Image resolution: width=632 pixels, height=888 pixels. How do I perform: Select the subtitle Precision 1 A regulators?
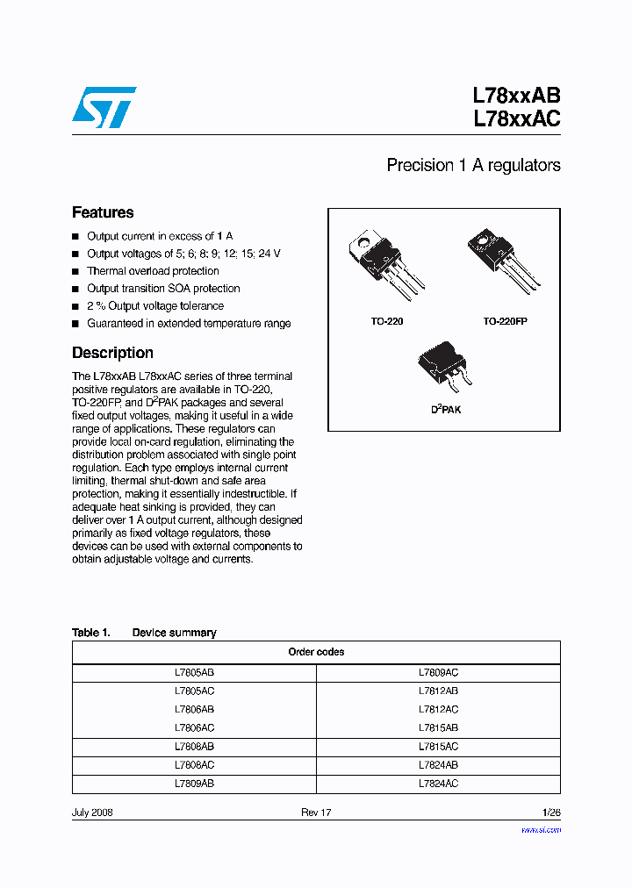473,165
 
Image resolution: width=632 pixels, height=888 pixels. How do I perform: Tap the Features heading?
103,212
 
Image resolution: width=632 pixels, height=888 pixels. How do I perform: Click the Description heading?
112,353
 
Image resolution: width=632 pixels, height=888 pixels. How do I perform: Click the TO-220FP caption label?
505,322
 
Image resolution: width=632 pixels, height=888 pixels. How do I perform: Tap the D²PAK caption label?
445,410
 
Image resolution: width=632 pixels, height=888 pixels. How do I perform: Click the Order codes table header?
316,652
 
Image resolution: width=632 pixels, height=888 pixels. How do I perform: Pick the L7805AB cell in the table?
194,672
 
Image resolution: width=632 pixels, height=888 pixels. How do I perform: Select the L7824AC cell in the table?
438,784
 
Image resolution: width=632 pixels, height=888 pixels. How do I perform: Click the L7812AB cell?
438,691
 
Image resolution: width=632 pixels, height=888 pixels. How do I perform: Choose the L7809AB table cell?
194,784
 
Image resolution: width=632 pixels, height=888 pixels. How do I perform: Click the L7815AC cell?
438,747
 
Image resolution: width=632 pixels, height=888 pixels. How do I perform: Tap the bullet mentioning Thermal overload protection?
153,271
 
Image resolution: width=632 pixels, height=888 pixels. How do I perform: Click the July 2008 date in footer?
92,813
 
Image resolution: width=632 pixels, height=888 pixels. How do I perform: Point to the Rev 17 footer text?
316,813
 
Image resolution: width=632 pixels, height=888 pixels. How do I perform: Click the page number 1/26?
550,813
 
